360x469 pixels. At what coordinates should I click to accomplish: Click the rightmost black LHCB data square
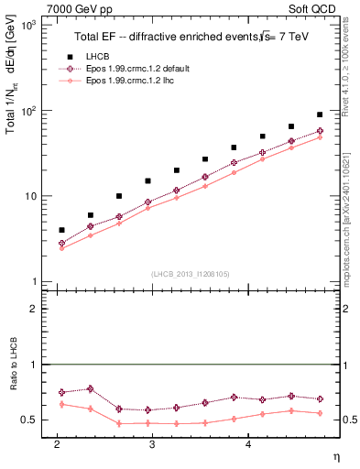[x=319, y=115]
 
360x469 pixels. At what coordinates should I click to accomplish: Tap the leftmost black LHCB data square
[x=61, y=230]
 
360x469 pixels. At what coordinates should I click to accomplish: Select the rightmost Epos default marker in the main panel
[x=319, y=131]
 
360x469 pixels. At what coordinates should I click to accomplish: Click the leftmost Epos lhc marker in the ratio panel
[x=61, y=404]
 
